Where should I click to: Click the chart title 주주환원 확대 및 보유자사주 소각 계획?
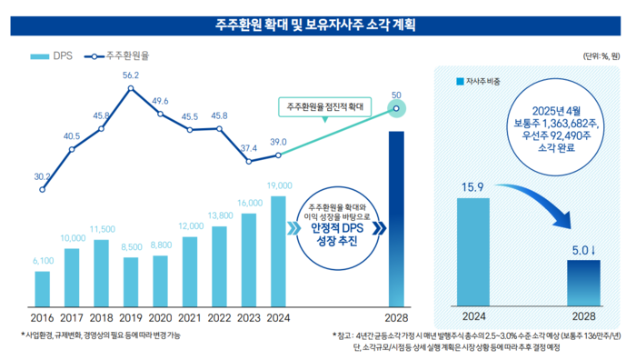pyautogui.click(x=317, y=21)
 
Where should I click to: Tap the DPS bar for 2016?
pyautogui.click(x=42, y=288)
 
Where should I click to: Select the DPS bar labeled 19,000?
pyautogui.click(x=278, y=251)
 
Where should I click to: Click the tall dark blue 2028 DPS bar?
pyautogui.click(x=396, y=218)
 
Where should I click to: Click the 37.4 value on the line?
pyautogui.click(x=248, y=148)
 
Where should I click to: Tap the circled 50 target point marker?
pyautogui.click(x=396, y=108)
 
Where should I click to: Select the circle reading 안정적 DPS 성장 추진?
pyautogui.click(x=336, y=225)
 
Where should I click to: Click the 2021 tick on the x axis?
pyautogui.click(x=189, y=318)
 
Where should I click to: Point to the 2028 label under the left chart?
pyautogui.click(x=396, y=318)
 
